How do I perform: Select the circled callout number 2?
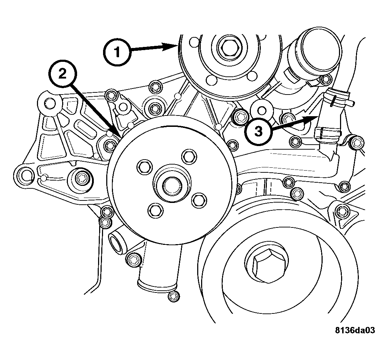point(63,74)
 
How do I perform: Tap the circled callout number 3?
point(258,131)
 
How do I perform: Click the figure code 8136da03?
point(355,330)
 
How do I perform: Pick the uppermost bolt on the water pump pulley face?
point(189,156)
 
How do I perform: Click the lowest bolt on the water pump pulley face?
point(155,210)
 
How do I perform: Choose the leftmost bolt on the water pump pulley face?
point(144,167)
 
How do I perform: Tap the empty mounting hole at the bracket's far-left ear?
point(25,176)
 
